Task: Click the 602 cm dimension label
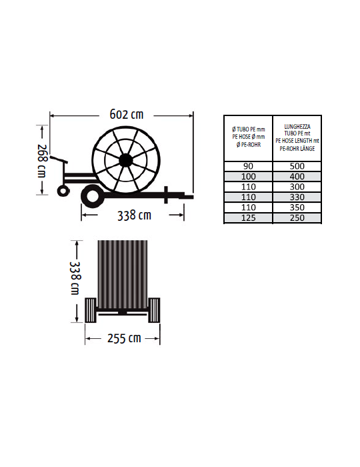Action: [x=127, y=114]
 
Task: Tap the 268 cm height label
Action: [x=41, y=161]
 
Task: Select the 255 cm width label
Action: [x=124, y=338]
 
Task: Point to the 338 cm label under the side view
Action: [x=134, y=215]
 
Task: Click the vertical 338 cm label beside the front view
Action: [x=75, y=278]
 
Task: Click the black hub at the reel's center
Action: [x=125, y=161]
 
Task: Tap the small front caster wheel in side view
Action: [x=63, y=191]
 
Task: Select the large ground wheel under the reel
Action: [x=93, y=196]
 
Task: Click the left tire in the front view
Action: [x=91, y=310]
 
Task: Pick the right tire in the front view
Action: [x=154, y=310]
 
